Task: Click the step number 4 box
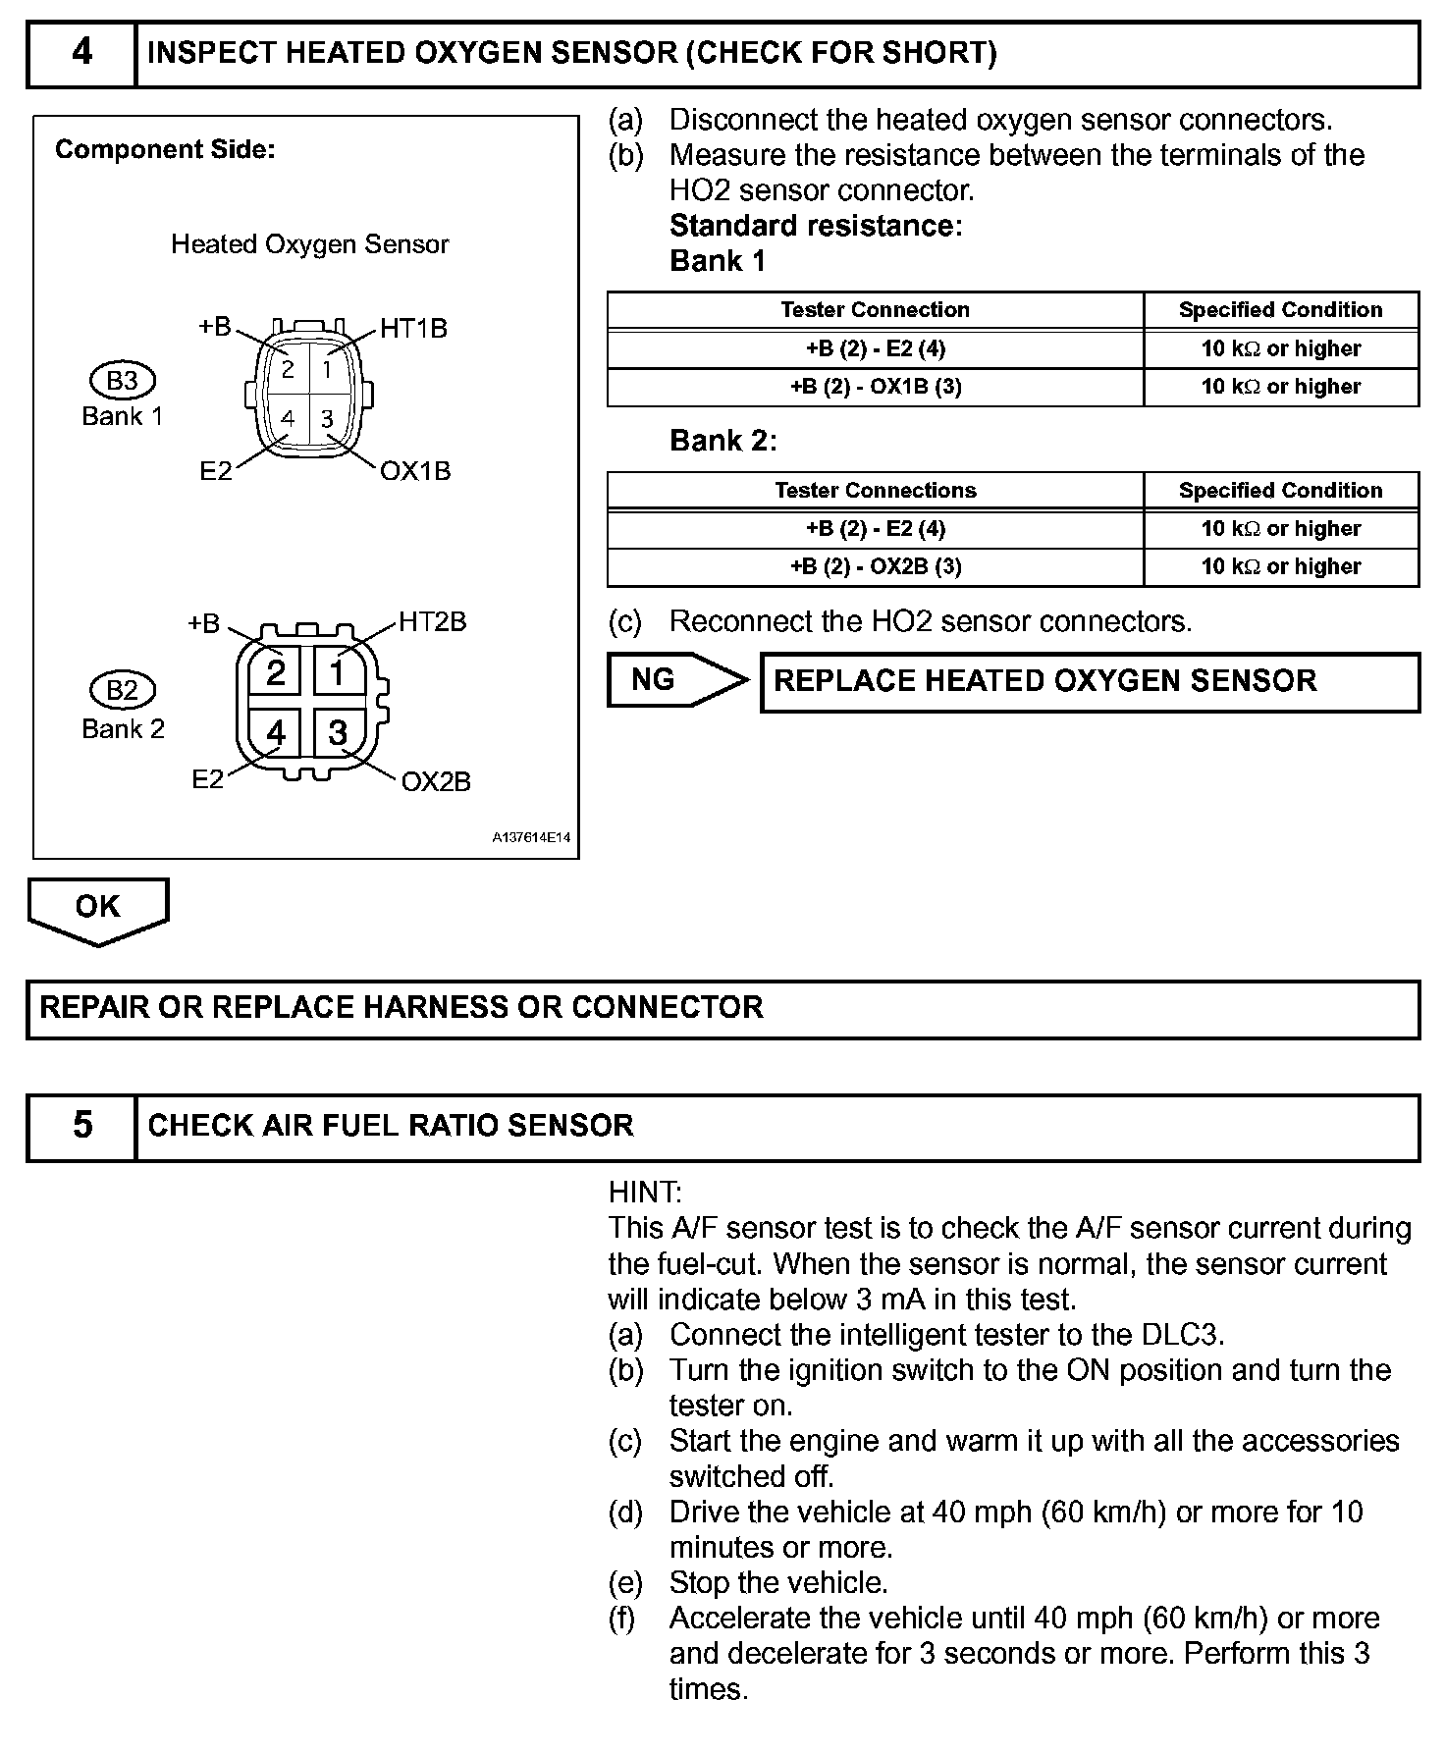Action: (81, 53)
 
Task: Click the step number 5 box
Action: (81, 1126)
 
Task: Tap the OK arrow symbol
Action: (97, 909)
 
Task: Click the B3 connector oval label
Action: (122, 381)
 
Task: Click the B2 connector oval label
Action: (122, 691)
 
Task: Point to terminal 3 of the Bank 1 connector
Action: (327, 419)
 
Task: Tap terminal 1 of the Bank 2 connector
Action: (338, 673)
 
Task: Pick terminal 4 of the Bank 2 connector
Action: (276, 733)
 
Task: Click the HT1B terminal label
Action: (413, 328)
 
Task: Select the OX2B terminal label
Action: (436, 781)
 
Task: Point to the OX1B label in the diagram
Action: (415, 471)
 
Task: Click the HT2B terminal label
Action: (432, 622)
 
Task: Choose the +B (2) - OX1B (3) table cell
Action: (876, 387)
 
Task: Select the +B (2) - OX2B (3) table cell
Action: (876, 567)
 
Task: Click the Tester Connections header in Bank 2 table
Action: (876, 491)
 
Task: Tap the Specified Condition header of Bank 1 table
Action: (1280, 310)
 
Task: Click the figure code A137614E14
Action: (531, 838)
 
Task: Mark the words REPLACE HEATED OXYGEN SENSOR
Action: (1045, 681)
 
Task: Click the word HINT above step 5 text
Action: (644, 1193)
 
